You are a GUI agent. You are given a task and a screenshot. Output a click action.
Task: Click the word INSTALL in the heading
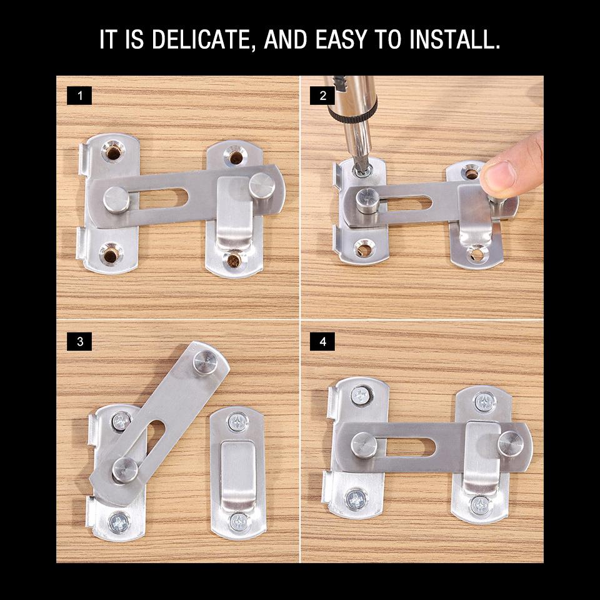454,39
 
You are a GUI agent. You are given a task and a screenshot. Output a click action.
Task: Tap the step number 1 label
79,96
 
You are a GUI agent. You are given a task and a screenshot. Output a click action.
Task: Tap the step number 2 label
322,96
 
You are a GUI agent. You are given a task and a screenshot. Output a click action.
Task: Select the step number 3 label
79,341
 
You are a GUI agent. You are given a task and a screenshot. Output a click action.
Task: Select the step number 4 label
322,341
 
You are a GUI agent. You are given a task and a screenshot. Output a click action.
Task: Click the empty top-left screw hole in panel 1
114,151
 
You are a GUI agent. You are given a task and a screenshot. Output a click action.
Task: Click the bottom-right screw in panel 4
480,504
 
